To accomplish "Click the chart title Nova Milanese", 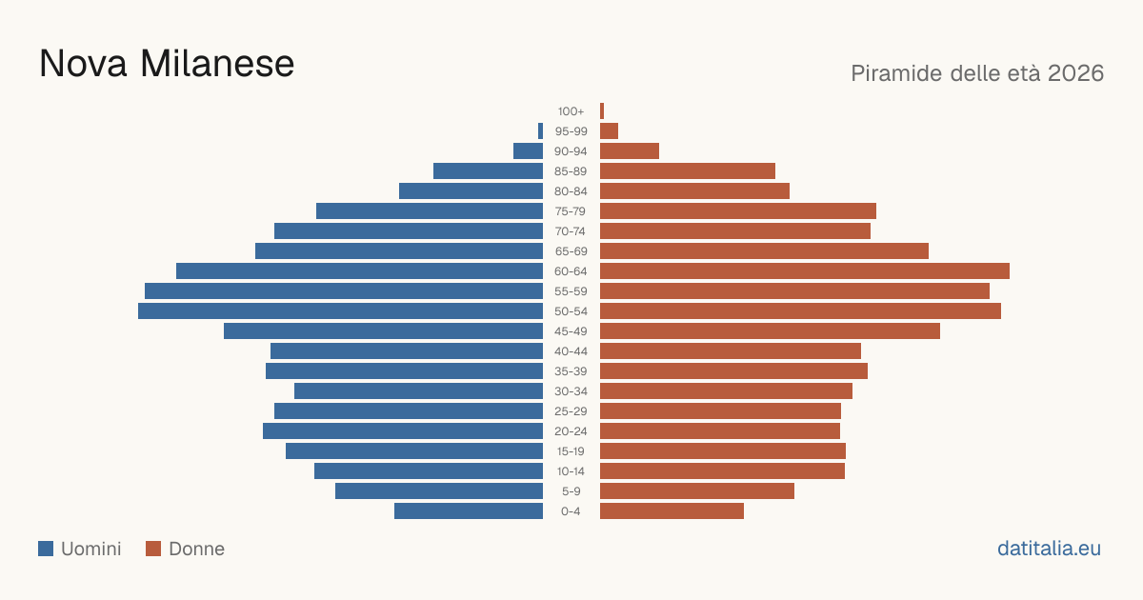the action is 167,64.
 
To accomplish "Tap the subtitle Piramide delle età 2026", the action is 977,73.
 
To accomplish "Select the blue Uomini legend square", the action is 46,549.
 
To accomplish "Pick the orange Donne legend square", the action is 153,549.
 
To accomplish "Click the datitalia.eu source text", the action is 1049,549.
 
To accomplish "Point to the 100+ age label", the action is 571,111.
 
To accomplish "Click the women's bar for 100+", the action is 602,111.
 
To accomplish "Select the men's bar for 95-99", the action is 540,131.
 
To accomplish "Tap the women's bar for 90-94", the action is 630,151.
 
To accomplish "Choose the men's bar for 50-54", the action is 340,311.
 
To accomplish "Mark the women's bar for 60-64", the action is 805,270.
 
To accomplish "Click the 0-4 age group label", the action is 571,511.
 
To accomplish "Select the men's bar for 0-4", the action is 469,511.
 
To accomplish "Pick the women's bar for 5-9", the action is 697,491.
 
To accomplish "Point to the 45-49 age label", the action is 571,331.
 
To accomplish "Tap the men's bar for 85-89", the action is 489,170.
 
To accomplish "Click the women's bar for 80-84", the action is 695,191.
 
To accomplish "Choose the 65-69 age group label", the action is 571,251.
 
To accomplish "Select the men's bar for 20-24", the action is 403,431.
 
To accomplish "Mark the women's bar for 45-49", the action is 770,331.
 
